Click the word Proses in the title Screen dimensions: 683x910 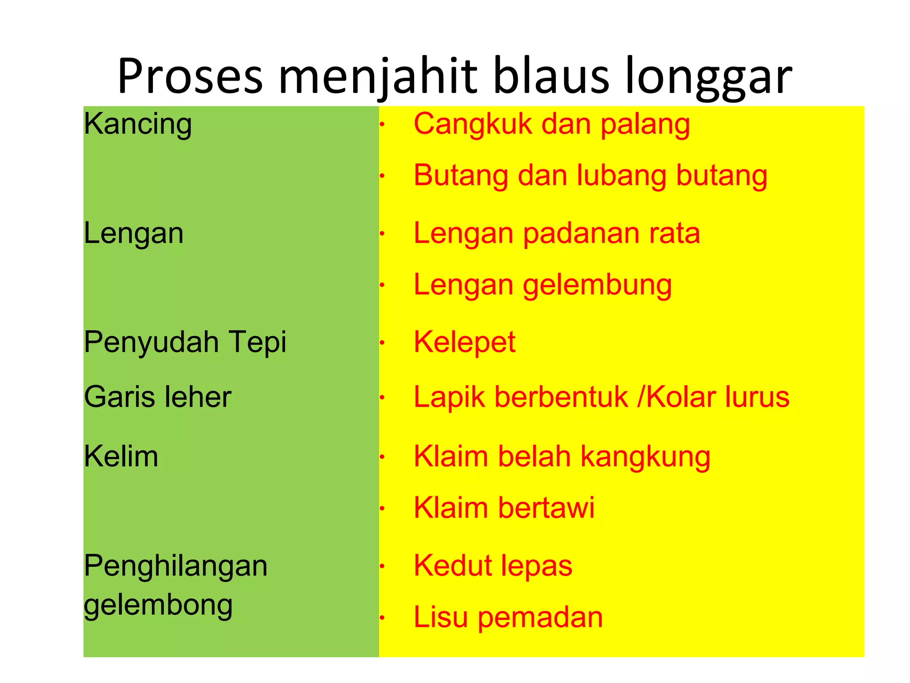coord(190,76)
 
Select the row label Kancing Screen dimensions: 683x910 coord(138,124)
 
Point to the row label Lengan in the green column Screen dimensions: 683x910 coord(134,233)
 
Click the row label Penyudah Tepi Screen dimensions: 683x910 coord(185,342)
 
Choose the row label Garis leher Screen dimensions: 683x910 coord(158,397)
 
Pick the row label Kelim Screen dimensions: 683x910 coord(121,456)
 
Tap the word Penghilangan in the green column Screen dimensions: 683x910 coord(176,566)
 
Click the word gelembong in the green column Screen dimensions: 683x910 coord(158,605)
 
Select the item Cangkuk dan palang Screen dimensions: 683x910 coord(552,124)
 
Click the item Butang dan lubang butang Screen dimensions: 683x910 coord(590,175)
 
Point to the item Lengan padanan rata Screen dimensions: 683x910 coord(557,233)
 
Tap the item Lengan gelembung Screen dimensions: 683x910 coord(543,285)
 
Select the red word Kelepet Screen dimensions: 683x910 coord(464,342)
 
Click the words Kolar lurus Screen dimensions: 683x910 coord(718,397)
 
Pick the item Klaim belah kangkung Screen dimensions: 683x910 coord(562,457)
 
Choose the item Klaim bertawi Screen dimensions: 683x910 coord(504,508)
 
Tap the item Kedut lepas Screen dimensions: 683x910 coord(493,566)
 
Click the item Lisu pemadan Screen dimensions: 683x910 coord(508,617)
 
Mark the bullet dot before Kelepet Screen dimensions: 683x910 coord(382,343)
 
